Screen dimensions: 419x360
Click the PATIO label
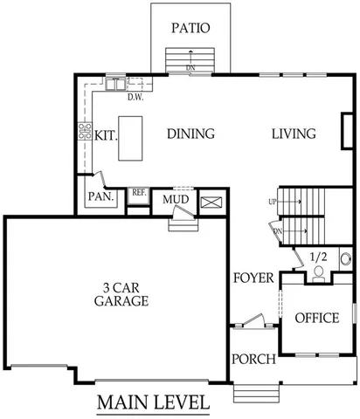point(190,28)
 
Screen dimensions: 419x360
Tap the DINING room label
point(190,134)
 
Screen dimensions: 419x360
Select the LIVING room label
point(293,134)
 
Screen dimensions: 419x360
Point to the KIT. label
point(107,136)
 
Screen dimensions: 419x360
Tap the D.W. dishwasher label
point(135,98)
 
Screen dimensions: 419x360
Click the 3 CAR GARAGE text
point(121,294)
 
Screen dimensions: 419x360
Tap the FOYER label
point(254,278)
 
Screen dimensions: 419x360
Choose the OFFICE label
point(315,319)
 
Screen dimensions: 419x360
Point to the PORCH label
point(254,360)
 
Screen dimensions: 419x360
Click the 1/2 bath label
point(319,258)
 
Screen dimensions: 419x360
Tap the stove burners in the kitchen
point(86,133)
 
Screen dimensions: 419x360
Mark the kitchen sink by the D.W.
point(115,85)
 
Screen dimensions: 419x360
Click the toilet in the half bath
point(319,272)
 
